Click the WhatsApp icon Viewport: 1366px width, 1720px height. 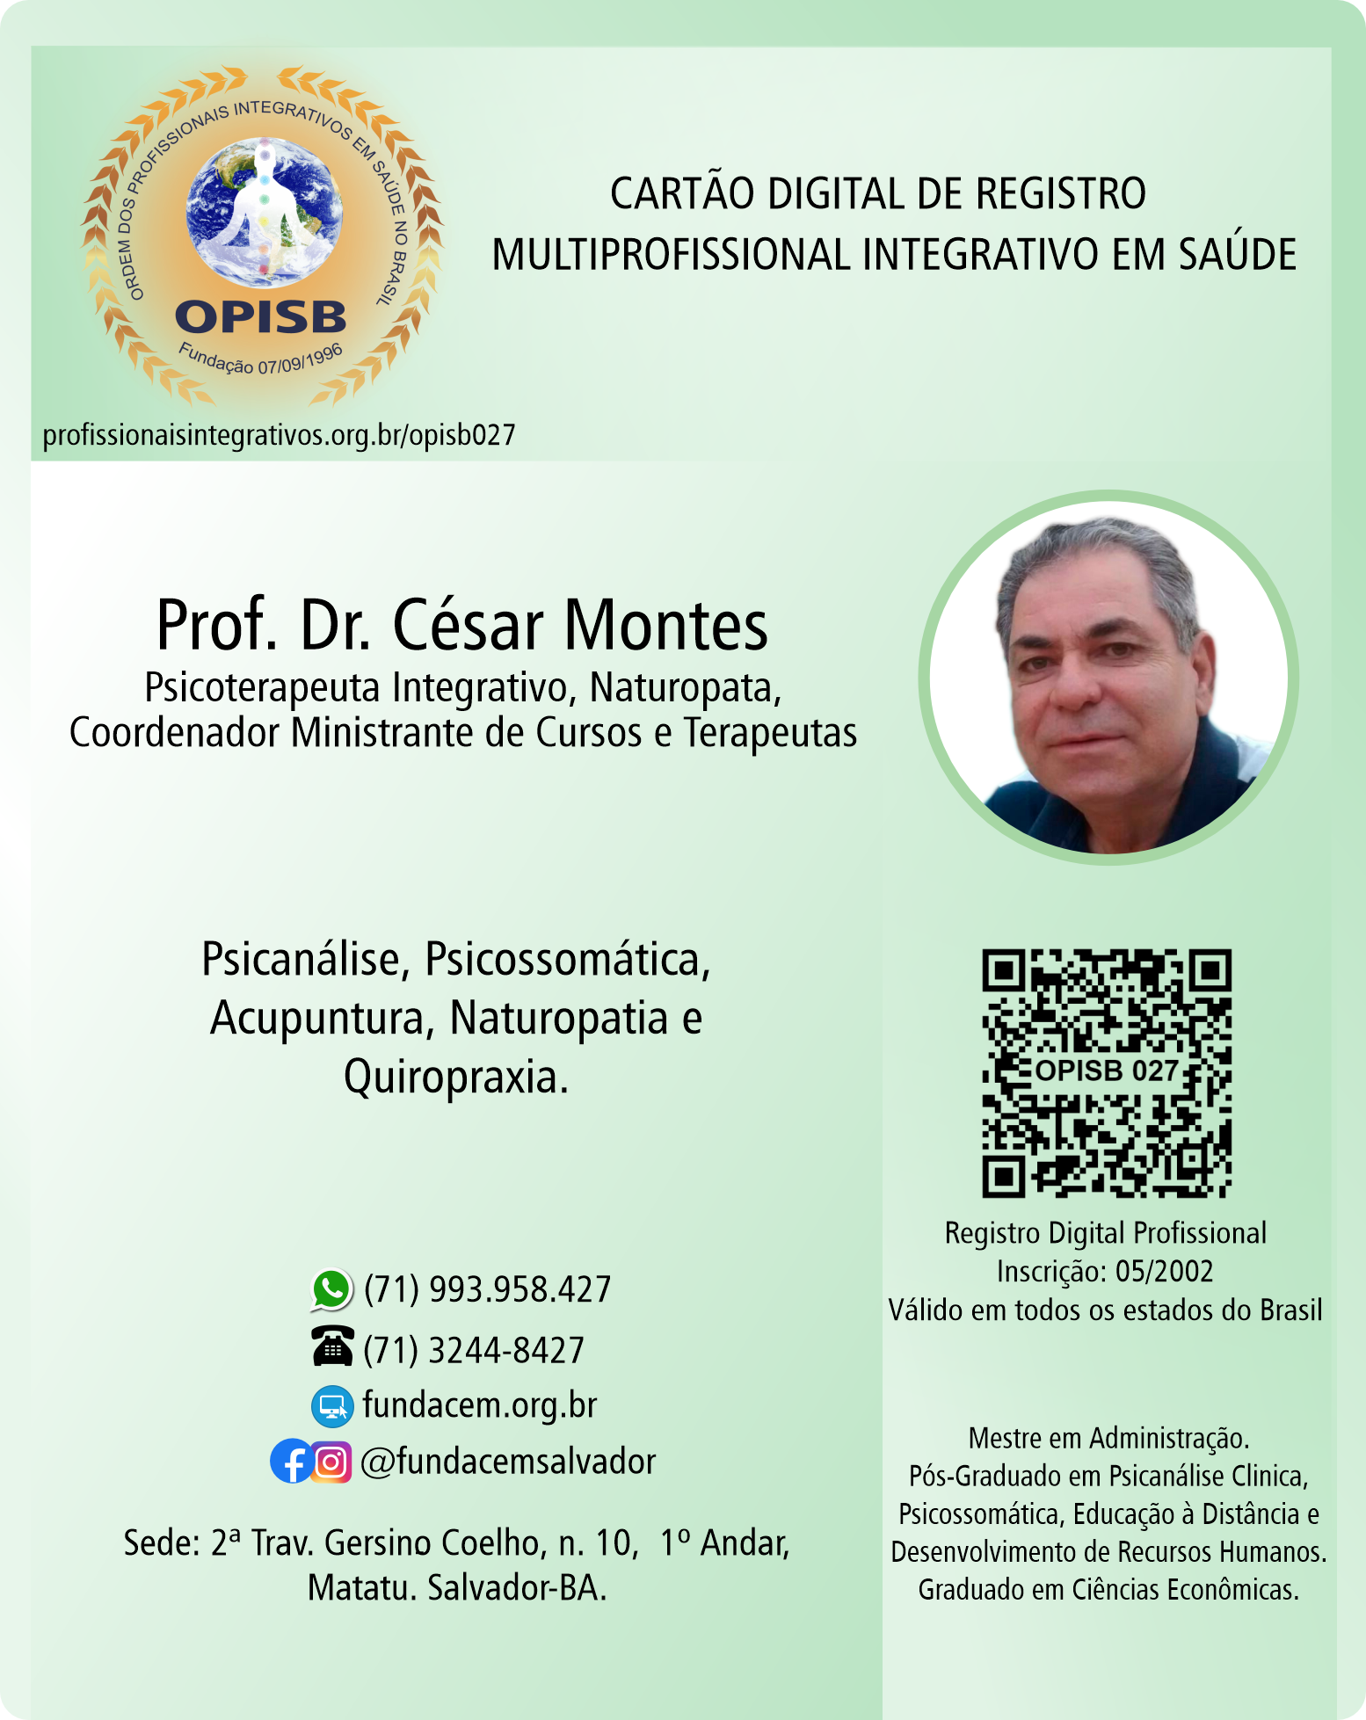[331, 1289]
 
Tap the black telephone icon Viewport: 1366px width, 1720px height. [332, 1347]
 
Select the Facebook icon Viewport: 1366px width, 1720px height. [290, 1462]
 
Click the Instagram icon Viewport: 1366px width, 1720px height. [331, 1462]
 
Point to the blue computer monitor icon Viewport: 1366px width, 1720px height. [332, 1405]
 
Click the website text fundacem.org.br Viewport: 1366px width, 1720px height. [480, 1405]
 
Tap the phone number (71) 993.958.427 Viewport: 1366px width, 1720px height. [487, 1289]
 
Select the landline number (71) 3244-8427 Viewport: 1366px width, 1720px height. [474, 1350]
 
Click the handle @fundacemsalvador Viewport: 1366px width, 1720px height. [508, 1462]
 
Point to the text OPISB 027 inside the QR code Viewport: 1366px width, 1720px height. [1106, 1070]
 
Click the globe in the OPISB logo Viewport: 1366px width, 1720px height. [264, 213]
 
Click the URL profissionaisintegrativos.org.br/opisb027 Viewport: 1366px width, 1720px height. [279, 435]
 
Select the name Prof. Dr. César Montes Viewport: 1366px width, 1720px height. [462, 626]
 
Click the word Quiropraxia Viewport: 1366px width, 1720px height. [455, 1078]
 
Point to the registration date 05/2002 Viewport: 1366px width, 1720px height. [1164, 1272]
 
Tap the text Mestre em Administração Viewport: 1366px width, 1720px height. [1108, 1439]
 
